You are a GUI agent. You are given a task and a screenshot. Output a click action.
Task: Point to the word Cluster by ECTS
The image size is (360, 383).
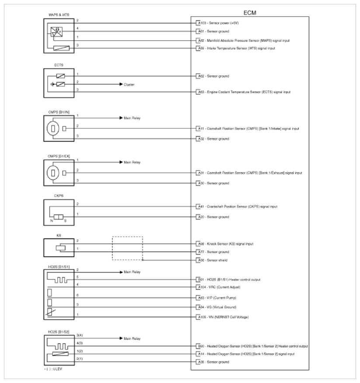click(129, 84)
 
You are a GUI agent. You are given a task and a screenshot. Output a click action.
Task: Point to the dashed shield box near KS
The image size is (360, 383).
click(127, 248)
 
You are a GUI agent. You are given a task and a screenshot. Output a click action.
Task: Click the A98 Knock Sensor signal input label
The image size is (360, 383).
click(225, 244)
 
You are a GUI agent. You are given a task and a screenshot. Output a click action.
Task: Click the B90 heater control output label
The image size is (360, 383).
click(253, 345)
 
